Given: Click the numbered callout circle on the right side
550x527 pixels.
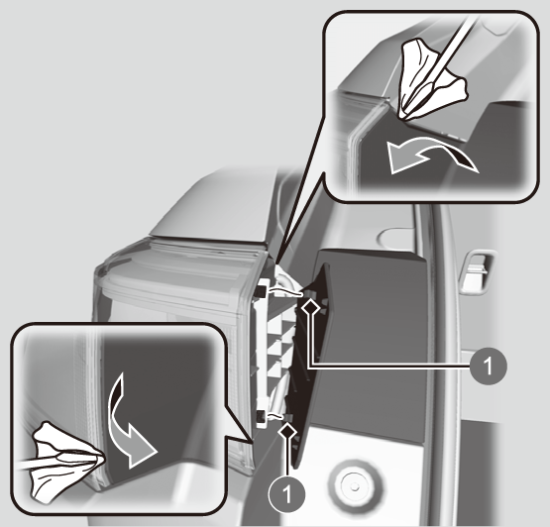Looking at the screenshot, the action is click(x=488, y=367).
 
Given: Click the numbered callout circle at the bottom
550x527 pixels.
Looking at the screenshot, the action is click(x=287, y=494).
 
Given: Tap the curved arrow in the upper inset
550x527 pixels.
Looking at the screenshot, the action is click(x=430, y=155).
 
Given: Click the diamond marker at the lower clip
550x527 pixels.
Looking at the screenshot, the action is click(x=288, y=431).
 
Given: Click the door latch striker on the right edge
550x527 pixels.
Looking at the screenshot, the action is click(x=476, y=271).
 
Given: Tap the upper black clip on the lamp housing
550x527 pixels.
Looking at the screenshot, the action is click(x=261, y=290).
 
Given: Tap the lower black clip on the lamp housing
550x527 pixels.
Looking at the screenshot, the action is click(x=261, y=417).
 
